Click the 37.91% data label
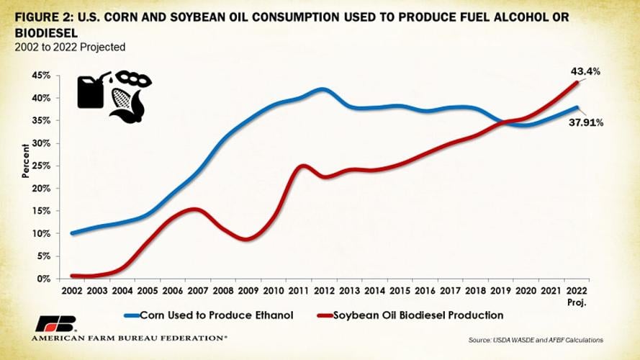tap(587, 123)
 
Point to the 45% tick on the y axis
tap(40, 76)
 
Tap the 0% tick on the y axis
tap(43, 279)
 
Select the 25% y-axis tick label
tap(40, 166)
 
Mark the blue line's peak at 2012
tap(323, 89)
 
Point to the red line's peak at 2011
tap(302, 166)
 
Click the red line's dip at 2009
tap(246, 239)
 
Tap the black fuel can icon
tap(91, 91)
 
